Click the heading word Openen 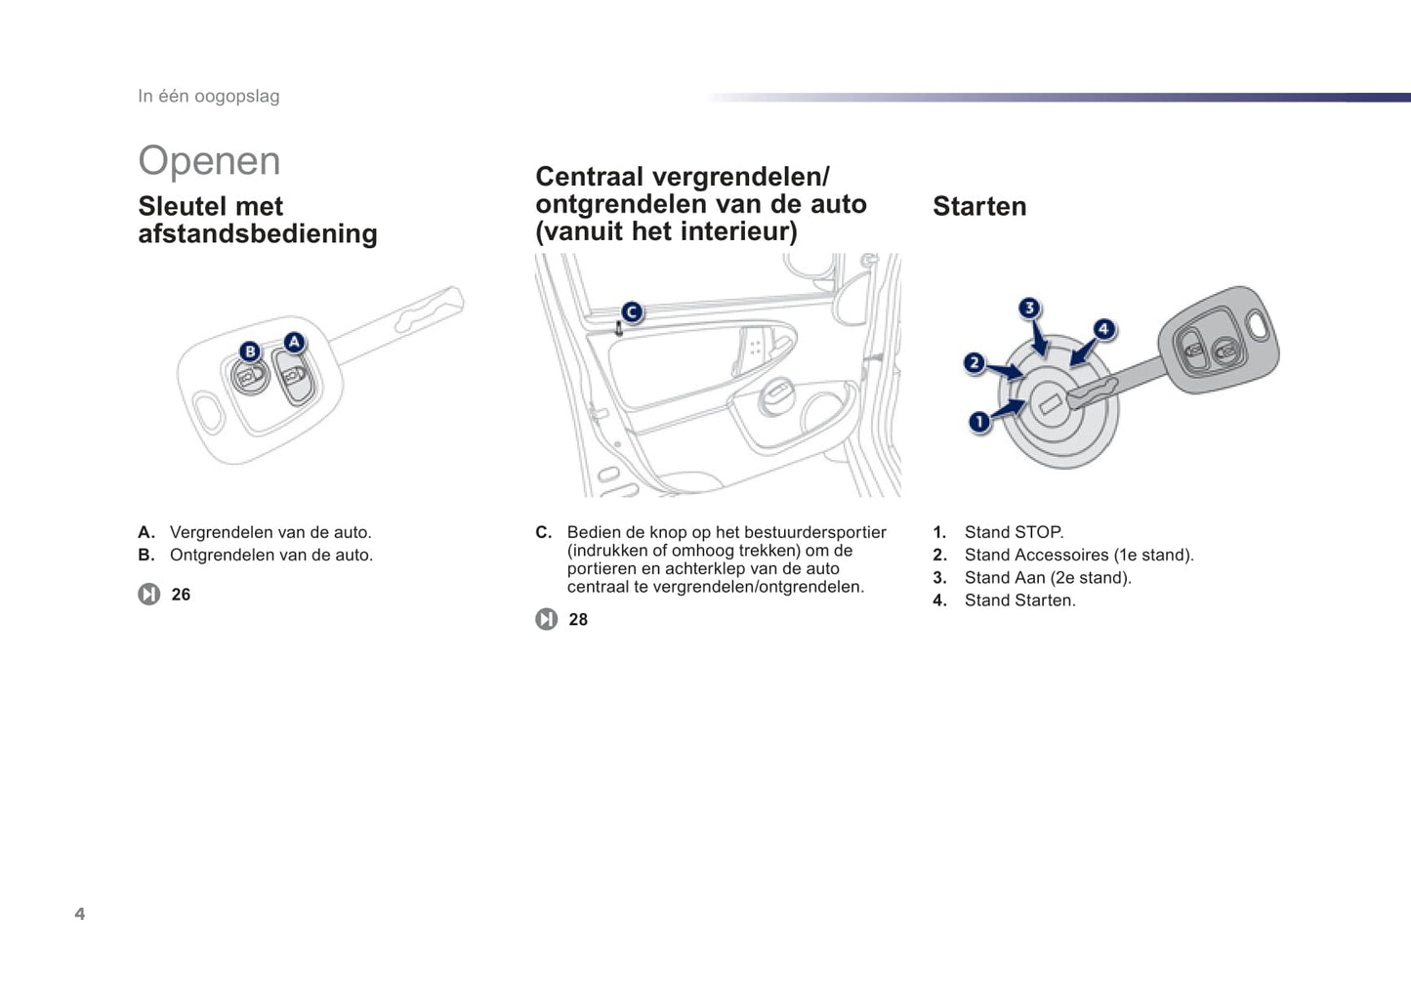209,161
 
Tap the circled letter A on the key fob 294,343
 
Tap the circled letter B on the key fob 250,352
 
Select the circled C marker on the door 632,312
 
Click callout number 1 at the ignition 979,422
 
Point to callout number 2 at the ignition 974,363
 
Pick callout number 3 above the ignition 1029,309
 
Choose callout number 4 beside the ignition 1103,329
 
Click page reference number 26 181,595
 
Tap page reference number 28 578,620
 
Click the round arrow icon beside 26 148,595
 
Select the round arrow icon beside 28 546,620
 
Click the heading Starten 979,207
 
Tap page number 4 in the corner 80,914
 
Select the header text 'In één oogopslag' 208,96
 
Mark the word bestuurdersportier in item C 818,532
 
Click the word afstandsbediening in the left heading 258,234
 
